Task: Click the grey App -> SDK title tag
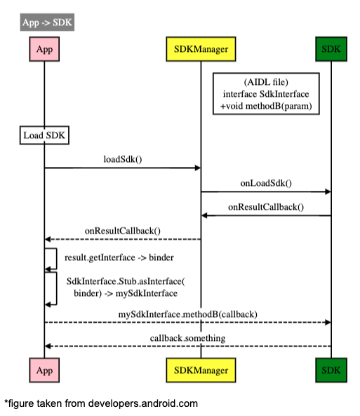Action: tap(47, 22)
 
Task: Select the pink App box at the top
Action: tap(44, 49)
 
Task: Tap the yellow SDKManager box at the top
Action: tap(201, 49)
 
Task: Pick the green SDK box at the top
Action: tap(331, 49)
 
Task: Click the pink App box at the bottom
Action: tap(44, 370)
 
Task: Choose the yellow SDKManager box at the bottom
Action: tap(201, 370)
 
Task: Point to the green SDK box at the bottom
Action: tap(331, 370)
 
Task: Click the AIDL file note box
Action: tap(266, 94)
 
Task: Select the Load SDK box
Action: tap(44, 135)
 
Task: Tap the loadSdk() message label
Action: tap(123, 159)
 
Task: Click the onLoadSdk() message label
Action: tap(266, 183)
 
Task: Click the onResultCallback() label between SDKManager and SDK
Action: tap(266, 207)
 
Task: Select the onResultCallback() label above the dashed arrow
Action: tap(123, 231)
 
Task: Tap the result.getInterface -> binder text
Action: tap(119, 257)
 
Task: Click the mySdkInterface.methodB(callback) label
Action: tap(187, 314)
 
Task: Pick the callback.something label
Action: tap(187, 338)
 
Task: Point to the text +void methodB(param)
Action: tap(266, 106)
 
